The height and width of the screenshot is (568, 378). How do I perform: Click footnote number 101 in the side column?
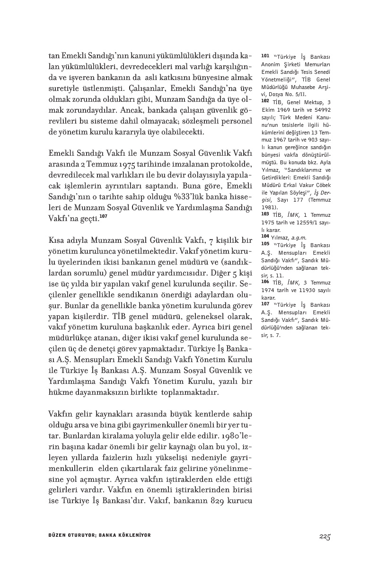click(x=264, y=56)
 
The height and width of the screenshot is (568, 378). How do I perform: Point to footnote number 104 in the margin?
click(x=265, y=235)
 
